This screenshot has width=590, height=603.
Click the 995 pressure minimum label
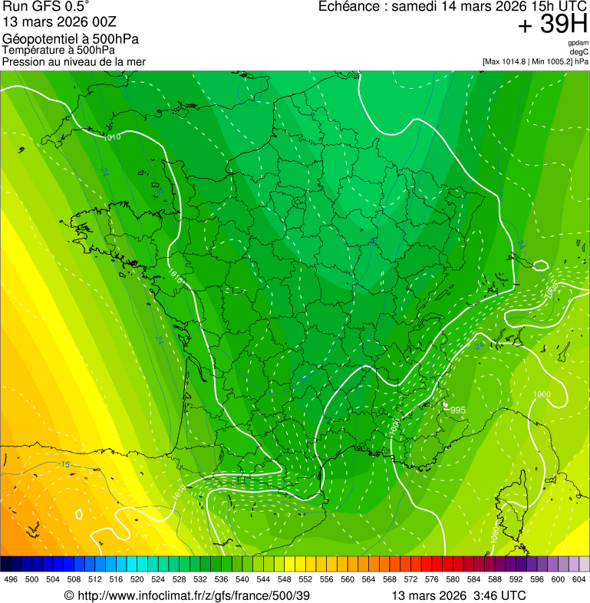[x=458, y=410]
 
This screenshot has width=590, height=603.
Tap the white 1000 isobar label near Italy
[x=541, y=395]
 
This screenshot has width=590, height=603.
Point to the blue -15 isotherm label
[x=64, y=465]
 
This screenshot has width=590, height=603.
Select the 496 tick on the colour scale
[x=11, y=580]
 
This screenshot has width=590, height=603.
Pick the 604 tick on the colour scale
[x=579, y=580]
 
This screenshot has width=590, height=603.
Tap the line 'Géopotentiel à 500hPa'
[x=71, y=39]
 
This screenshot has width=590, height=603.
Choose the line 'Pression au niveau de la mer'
[x=74, y=61]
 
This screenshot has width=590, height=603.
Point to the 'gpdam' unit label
[x=578, y=43]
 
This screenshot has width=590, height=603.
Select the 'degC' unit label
[x=579, y=52]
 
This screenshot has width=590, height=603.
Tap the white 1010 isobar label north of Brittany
[x=112, y=137]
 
